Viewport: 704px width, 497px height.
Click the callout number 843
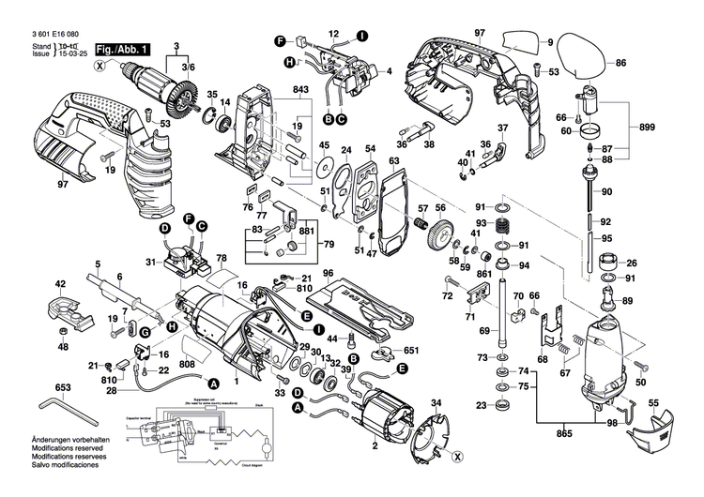[x=300, y=89]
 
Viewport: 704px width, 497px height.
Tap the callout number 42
[x=60, y=284]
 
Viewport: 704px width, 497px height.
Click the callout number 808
[x=188, y=364]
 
